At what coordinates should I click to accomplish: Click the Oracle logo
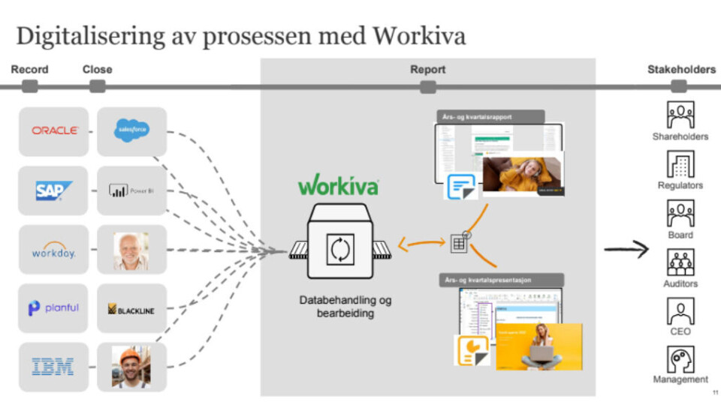pos(54,130)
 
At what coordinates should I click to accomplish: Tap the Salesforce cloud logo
pos(131,130)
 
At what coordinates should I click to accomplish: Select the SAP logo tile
pos(54,190)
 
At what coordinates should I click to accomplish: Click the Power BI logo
pos(131,190)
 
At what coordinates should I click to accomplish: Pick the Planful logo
pos(54,308)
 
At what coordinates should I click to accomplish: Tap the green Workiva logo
pos(338,185)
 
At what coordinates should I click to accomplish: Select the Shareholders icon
pos(680,115)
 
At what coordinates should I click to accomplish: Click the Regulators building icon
pos(680,165)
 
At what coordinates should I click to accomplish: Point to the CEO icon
pos(680,310)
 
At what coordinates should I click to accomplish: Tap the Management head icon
pos(680,359)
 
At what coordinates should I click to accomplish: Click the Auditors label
pos(680,283)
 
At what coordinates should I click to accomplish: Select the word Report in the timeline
pos(427,70)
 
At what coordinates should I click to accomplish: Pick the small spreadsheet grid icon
pos(458,243)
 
